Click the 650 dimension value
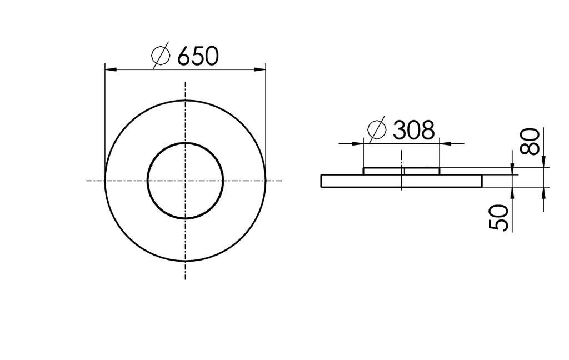pyautogui.click(x=198, y=56)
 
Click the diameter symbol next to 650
pyautogui.click(x=161, y=56)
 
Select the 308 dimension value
pyautogui.click(x=413, y=131)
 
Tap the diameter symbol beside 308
pyautogui.click(x=377, y=131)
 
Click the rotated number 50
pyautogui.click(x=499, y=217)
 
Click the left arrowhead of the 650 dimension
pyautogui.click(x=110, y=69)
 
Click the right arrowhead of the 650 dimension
pyautogui.click(x=260, y=69)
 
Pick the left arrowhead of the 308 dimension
pyautogui.click(x=358, y=144)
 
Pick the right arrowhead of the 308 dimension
pyautogui.click(x=445, y=144)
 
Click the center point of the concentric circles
pyautogui.click(x=185, y=180)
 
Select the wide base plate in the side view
pyautogui.click(x=356, y=181)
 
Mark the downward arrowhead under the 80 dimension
pyautogui.click(x=543, y=162)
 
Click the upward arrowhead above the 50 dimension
pyautogui.click(x=512, y=191)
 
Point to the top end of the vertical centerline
pyautogui.click(x=185, y=82)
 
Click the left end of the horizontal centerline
pyautogui.click(x=87, y=180)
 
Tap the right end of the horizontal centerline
pyautogui.click(x=282, y=180)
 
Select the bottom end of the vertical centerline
pyautogui.click(x=185, y=278)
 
